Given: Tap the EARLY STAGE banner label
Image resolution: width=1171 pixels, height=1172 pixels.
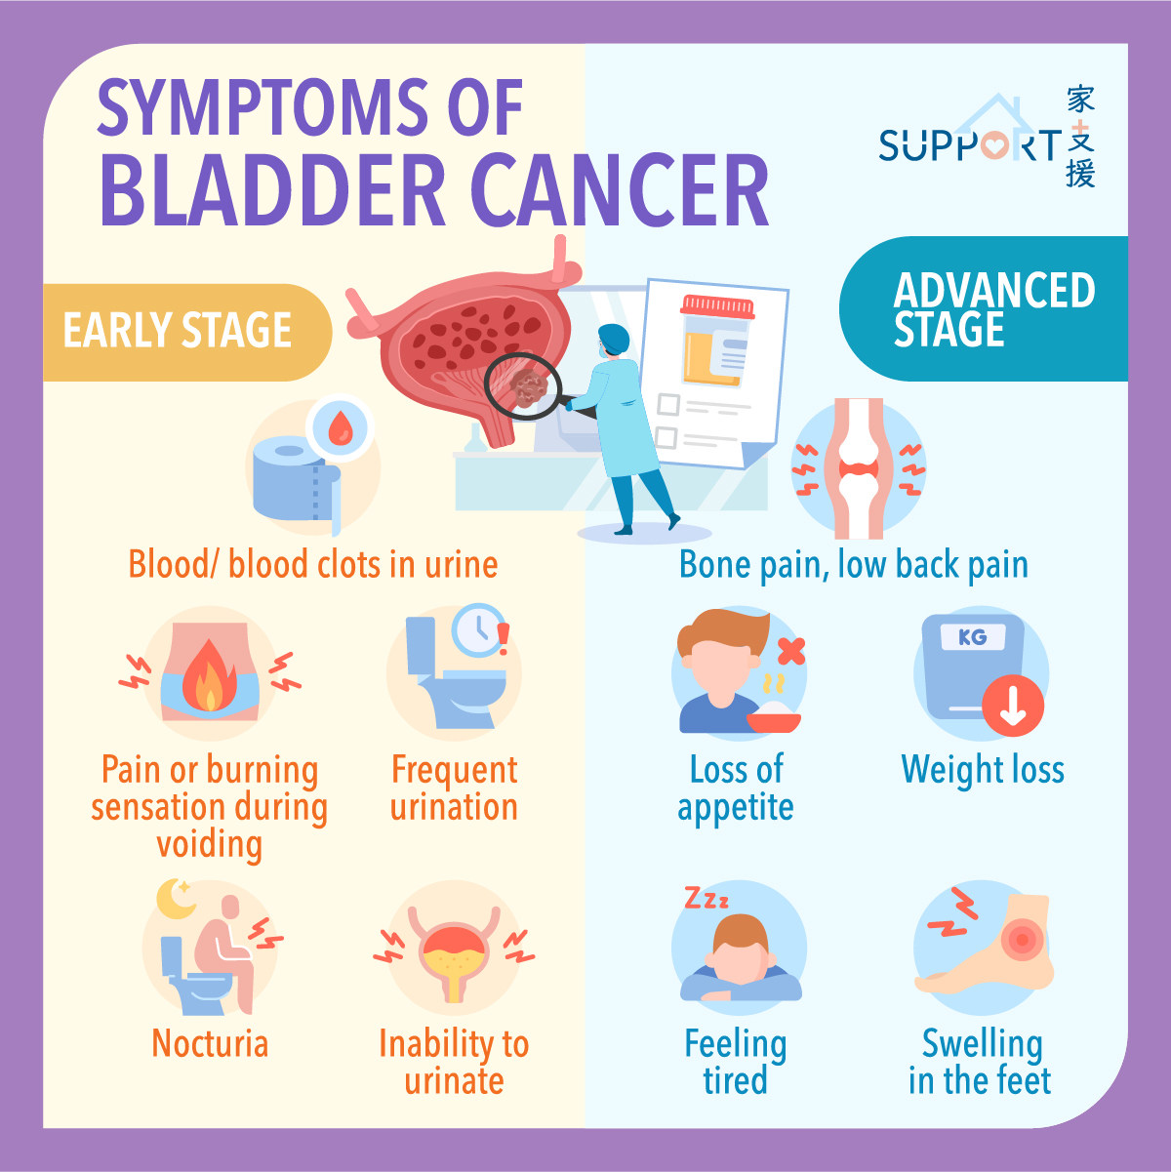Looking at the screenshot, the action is pyautogui.click(x=178, y=330).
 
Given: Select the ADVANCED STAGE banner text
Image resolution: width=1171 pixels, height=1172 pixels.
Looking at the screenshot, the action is pyautogui.click(x=994, y=309).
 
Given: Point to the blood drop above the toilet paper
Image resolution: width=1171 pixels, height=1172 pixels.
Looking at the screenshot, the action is pyautogui.click(x=340, y=428).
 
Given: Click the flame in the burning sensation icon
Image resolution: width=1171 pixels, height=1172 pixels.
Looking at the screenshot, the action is pyautogui.click(x=210, y=675).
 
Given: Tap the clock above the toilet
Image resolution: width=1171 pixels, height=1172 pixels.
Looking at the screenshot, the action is pyautogui.click(x=479, y=630).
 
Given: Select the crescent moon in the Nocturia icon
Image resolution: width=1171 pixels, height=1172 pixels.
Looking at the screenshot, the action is pyautogui.click(x=175, y=898).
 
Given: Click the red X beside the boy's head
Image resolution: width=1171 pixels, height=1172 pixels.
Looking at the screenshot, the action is pyautogui.click(x=791, y=651).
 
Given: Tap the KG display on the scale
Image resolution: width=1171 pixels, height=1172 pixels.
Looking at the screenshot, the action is pyautogui.click(x=973, y=637).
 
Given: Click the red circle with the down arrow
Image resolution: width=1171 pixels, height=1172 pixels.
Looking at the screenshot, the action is pyautogui.click(x=1013, y=706).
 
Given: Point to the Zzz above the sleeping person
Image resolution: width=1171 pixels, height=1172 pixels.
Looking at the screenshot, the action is pyautogui.click(x=707, y=898).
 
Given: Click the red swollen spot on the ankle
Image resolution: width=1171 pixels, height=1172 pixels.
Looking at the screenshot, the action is pyautogui.click(x=1023, y=940).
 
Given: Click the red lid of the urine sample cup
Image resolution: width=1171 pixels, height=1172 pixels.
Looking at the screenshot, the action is pyautogui.click(x=718, y=306).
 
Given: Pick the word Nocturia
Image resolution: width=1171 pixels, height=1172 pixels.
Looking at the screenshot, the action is pyautogui.click(x=210, y=1043).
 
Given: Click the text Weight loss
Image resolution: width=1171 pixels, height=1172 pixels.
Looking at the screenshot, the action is pyautogui.click(x=983, y=769).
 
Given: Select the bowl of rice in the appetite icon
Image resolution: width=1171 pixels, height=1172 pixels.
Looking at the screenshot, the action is pyautogui.click(x=773, y=717).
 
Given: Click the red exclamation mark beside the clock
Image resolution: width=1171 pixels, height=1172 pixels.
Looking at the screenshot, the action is pyautogui.click(x=504, y=638).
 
